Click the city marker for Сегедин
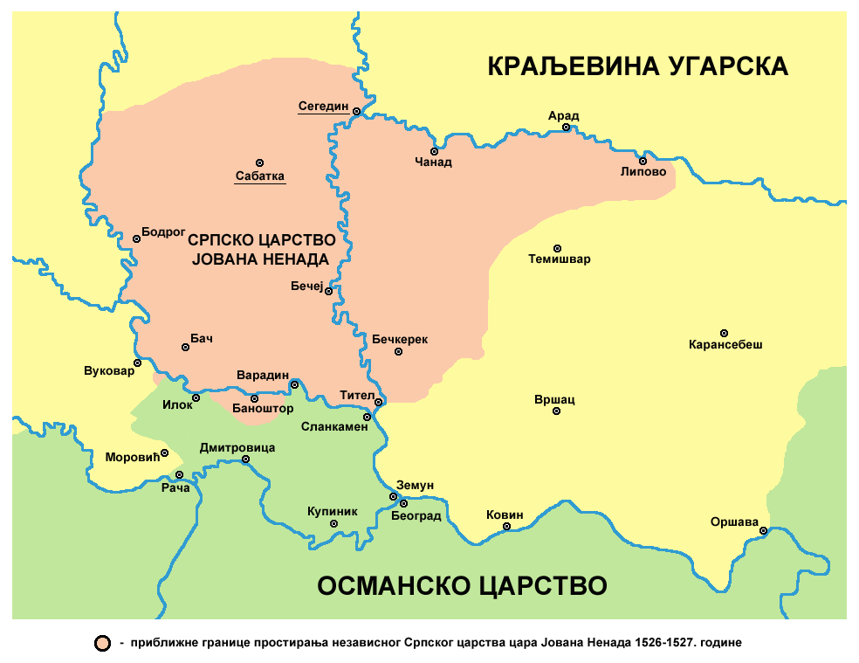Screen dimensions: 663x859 tap(356, 110)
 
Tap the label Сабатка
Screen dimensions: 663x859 tap(259, 176)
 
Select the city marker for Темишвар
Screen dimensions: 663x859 tap(558, 248)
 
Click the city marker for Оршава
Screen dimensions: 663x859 tap(763, 530)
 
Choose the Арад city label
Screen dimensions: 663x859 tap(563, 115)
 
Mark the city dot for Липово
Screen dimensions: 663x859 tap(643, 161)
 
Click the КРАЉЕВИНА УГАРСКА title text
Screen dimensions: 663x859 tap(637, 66)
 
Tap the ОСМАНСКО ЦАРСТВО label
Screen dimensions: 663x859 tap(462, 584)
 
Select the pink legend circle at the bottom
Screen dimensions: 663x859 tap(103, 644)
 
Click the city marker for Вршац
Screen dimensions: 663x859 tap(556, 411)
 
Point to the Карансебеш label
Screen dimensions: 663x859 tap(725, 345)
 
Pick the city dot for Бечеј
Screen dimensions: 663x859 tap(328, 292)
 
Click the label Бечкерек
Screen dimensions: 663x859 tap(400, 339)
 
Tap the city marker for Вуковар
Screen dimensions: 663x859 tap(137, 363)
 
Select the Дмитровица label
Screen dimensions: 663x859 tap(237, 447)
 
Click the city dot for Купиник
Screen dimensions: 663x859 tap(333, 524)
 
